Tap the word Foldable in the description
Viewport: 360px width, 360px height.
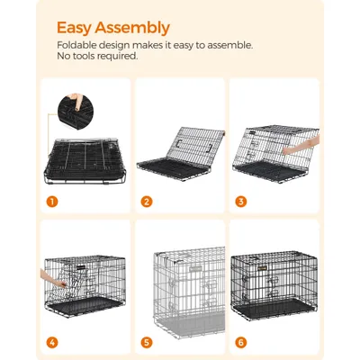tap(79, 45)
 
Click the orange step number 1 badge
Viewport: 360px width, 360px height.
tap(53, 201)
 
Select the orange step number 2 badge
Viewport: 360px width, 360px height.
tap(147, 201)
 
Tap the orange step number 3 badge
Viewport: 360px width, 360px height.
tap(240, 201)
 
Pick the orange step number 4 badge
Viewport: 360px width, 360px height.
tap(53, 343)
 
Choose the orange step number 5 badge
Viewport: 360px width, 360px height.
tap(147, 343)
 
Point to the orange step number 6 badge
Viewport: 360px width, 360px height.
tap(240, 343)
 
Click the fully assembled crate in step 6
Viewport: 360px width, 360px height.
tap(274, 286)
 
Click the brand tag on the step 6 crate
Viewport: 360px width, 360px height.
tap(261, 265)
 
